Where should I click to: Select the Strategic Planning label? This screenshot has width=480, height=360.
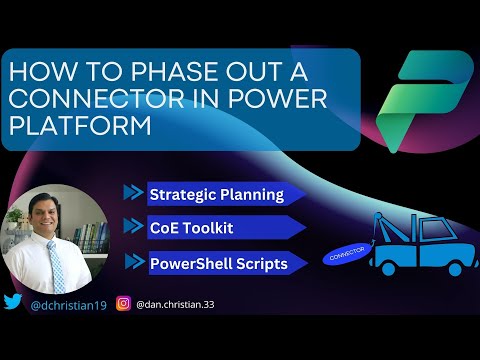click(215, 194)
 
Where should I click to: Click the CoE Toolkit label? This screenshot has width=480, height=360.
click(191, 228)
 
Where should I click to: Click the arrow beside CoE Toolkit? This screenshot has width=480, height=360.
click(134, 228)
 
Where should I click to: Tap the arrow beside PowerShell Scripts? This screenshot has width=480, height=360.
click(134, 262)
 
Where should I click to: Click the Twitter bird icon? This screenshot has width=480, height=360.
click(14, 302)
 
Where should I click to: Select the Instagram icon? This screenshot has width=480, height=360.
click(124, 302)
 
